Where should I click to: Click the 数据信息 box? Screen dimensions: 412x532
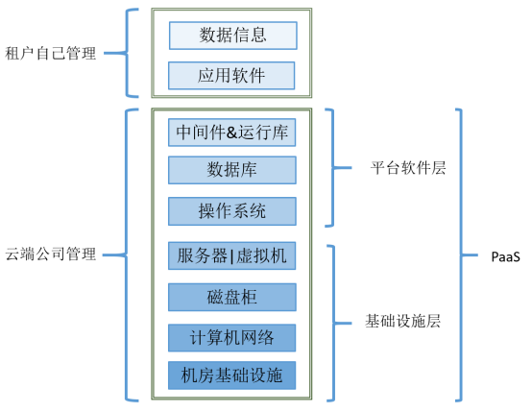pos(232,36)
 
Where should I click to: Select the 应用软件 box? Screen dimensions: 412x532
pos(232,75)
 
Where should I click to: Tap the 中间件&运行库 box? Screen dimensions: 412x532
pos(232,132)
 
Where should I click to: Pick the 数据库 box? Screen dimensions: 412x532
pos(232,170)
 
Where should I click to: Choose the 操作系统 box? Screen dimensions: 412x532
pos(232,210)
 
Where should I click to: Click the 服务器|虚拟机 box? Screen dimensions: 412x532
pos(232,256)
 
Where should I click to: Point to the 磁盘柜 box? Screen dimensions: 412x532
pos(232,297)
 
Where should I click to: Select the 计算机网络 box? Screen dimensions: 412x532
pos(232,337)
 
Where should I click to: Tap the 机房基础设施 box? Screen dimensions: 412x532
pos(232,376)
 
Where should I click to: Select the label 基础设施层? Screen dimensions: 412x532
pos(403,321)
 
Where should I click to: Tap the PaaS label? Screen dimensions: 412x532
pos(505,255)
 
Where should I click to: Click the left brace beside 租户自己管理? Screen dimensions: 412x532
pos(129,54)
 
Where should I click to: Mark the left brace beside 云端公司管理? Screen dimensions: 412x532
pos(129,254)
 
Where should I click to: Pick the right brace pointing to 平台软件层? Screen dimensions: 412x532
pos(333,167)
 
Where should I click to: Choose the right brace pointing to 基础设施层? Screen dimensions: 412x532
pos(333,321)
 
